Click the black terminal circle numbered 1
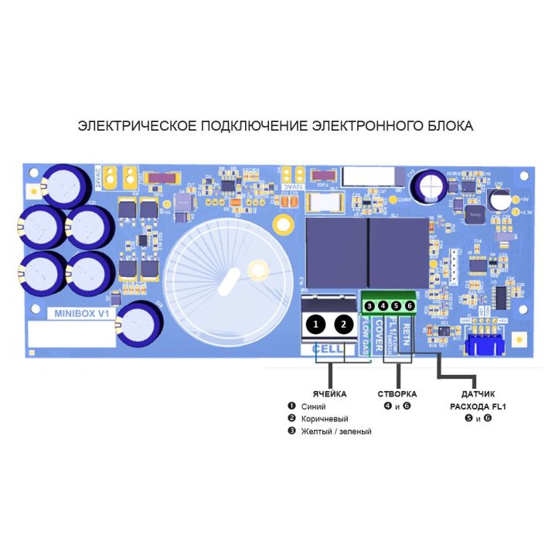[314, 325]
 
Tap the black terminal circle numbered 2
[344, 325]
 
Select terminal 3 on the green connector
[370, 307]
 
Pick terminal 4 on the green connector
[383, 307]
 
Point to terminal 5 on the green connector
[397, 307]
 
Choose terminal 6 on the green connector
[410, 307]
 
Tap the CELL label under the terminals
[328, 349]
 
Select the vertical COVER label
[379, 335]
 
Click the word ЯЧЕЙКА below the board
[329, 394]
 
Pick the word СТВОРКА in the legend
[397, 394]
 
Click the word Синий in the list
[313, 407]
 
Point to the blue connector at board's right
[484, 339]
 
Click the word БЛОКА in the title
[451, 125]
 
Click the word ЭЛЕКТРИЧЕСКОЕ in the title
[137, 125]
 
